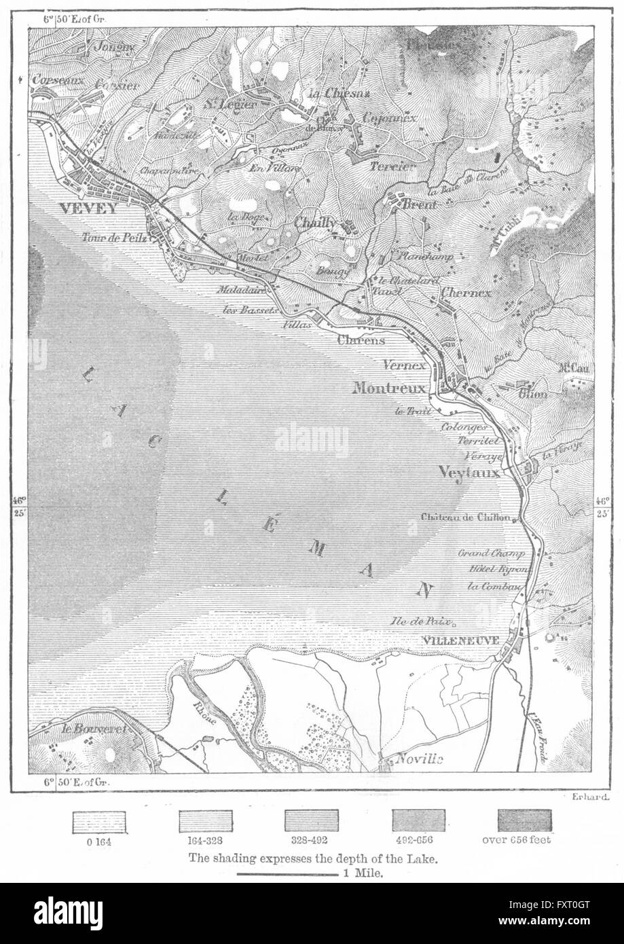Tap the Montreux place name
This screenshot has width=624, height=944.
point(388,388)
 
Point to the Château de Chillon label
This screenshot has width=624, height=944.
point(465,517)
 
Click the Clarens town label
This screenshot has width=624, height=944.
point(361,340)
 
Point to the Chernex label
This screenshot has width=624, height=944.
point(465,293)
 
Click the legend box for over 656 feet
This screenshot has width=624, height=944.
point(524,821)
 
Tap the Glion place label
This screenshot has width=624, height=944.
point(533,393)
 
